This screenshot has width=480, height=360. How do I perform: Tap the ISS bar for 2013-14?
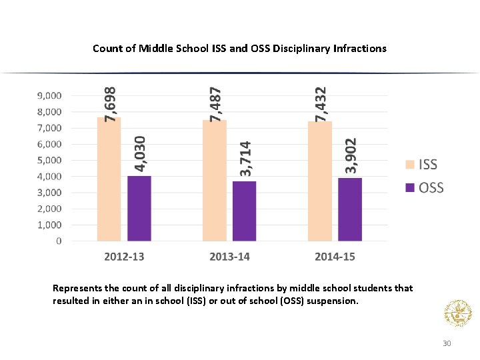(214, 180)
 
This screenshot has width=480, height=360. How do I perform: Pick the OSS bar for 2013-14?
(245, 211)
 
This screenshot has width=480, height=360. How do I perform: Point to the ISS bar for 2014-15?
(319, 181)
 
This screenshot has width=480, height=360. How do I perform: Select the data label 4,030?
(141, 154)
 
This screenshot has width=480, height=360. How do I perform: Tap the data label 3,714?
(246, 159)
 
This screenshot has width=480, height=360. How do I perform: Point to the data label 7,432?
(321, 103)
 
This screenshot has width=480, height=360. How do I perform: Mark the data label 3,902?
(351, 156)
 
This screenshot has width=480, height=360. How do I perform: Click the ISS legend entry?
(421, 165)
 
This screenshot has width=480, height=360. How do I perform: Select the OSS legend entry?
(424, 187)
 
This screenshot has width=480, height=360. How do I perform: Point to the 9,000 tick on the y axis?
(48, 95)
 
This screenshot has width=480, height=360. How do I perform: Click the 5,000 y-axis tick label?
(48, 160)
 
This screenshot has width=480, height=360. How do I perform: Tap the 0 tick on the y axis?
(59, 241)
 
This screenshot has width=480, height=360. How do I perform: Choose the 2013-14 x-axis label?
(229, 257)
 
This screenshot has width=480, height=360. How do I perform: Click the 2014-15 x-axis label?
(335, 257)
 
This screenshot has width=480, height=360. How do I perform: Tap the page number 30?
(447, 343)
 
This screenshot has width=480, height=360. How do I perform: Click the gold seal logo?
(457, 313)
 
